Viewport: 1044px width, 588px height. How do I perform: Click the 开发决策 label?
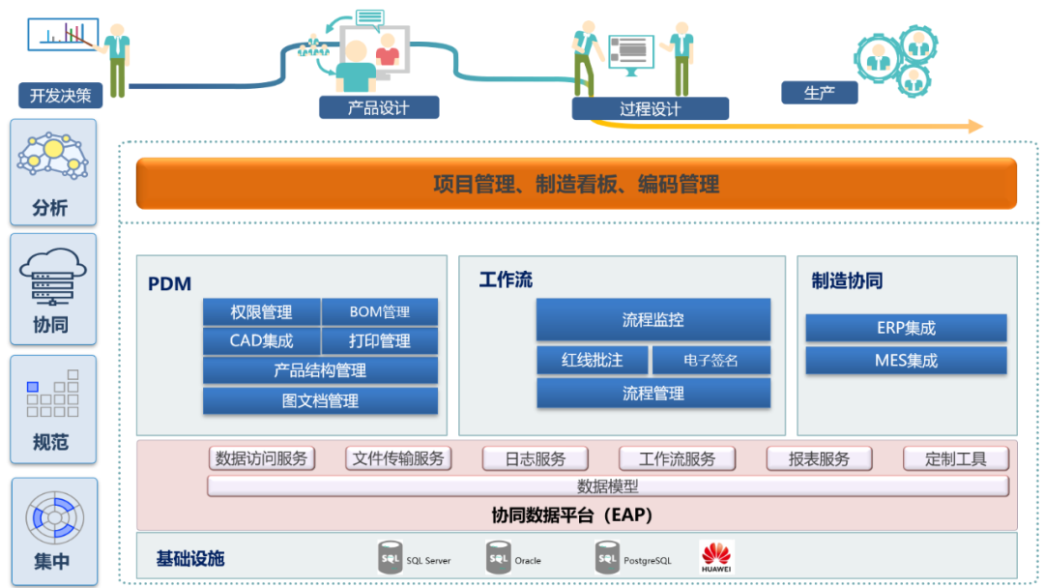pyautogui.click(x=60, y=96)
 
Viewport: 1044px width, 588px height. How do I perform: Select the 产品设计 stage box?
pyautogui.click(x=379, y=107)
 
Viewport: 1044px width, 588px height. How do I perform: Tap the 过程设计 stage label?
pyautogui.click(x=650, y=108)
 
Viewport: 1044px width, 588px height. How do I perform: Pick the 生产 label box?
pyautogui.click(x=820, y=93)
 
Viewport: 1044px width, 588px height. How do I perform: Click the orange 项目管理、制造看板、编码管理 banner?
pyautogui.click(x=576, y=184)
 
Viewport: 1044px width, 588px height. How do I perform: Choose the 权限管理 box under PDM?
pyautogui.click(x=261, y=312)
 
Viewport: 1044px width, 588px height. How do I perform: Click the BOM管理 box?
pyautogui.click(x=379, y=312)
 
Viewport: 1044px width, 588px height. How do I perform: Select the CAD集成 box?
pyautogui.click(x=261, y=341)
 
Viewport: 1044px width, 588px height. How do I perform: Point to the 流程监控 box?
pyautogui.click(x=653, y=320)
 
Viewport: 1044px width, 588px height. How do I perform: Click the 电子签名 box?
pyautogui.click(x=711, y=361)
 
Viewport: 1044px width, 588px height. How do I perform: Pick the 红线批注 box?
pyautogui.click(x=593, y=361)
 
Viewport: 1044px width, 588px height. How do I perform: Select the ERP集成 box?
pyautogui.click(x=906, y=328)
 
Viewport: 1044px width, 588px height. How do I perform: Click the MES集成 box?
pyautogui.click(x=906, y=361)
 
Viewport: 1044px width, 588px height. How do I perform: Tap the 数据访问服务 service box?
pyautogui.click(x=262, y=458)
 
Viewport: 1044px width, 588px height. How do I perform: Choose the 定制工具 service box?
pyautogui.click(x=956, y=458)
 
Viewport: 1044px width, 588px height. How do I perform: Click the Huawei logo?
pyautogui.click(x=716, y=557)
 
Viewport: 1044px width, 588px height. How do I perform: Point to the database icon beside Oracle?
pyautogui.click(x=499, y=558)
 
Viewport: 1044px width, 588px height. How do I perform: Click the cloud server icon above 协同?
pyautogui.click(x=53, y=275)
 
